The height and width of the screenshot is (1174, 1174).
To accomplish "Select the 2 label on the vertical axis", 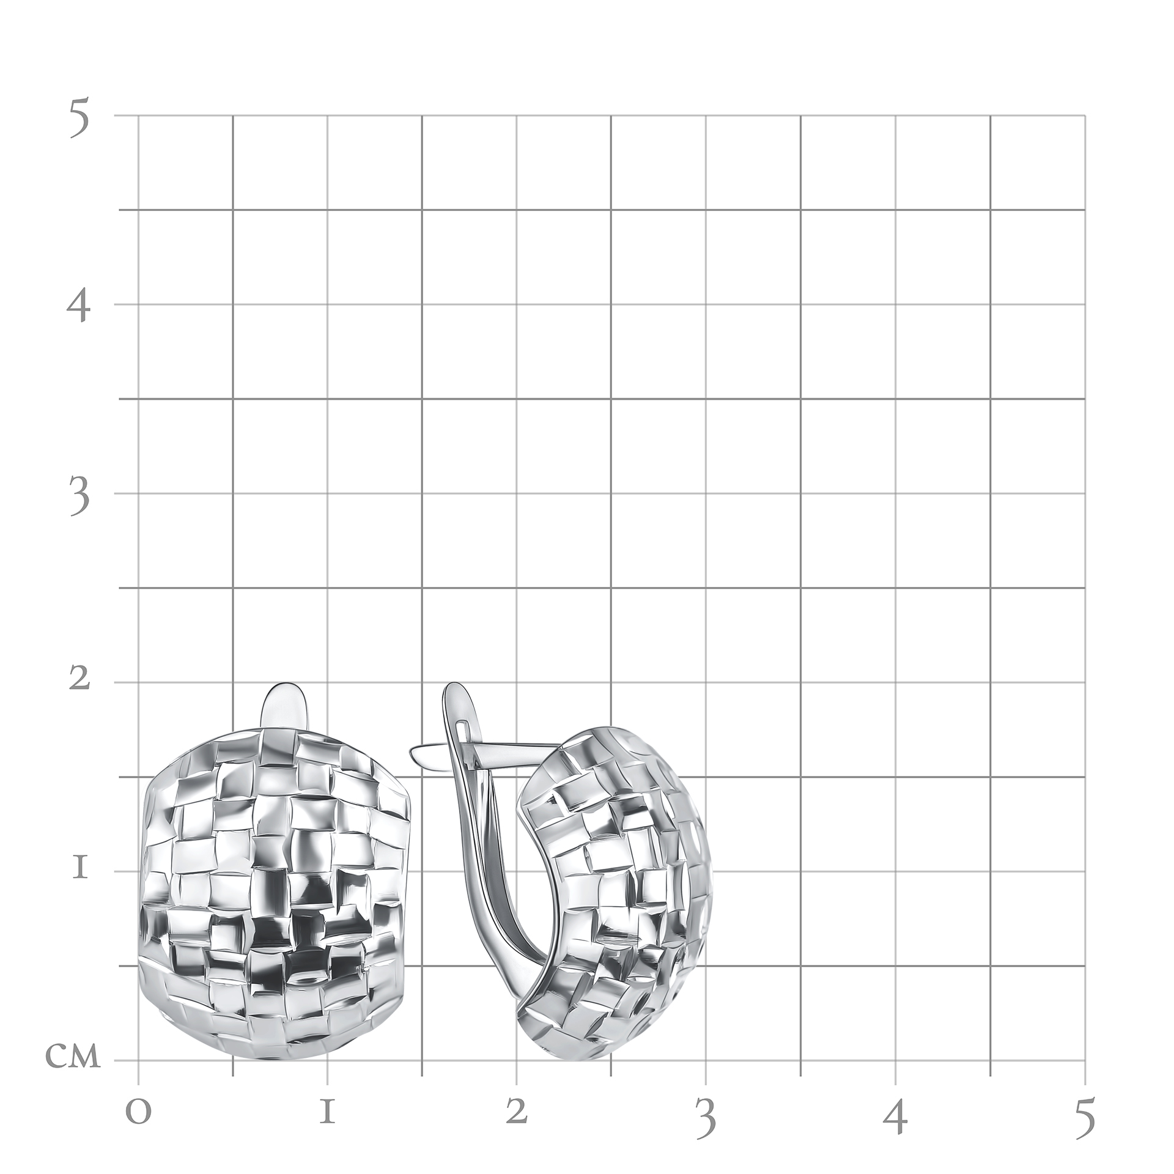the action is tap(79, 679).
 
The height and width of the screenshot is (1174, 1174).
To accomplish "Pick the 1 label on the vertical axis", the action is tap(79, 869).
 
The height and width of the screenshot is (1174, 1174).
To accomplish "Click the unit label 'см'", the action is tap(73, 1057).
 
